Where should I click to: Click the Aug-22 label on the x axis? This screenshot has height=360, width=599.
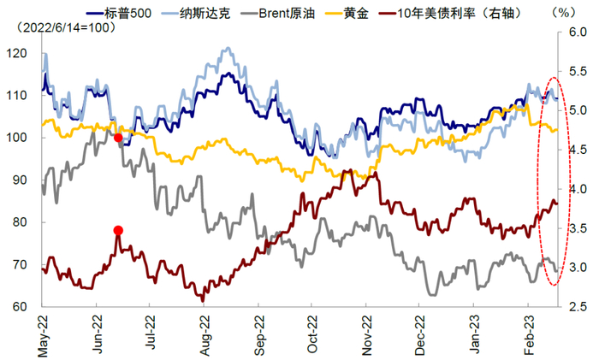205,333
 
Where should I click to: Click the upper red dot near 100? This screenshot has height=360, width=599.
118,138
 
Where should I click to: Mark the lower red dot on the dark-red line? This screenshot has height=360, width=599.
118,230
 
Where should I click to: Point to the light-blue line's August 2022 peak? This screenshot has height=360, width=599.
227,50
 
